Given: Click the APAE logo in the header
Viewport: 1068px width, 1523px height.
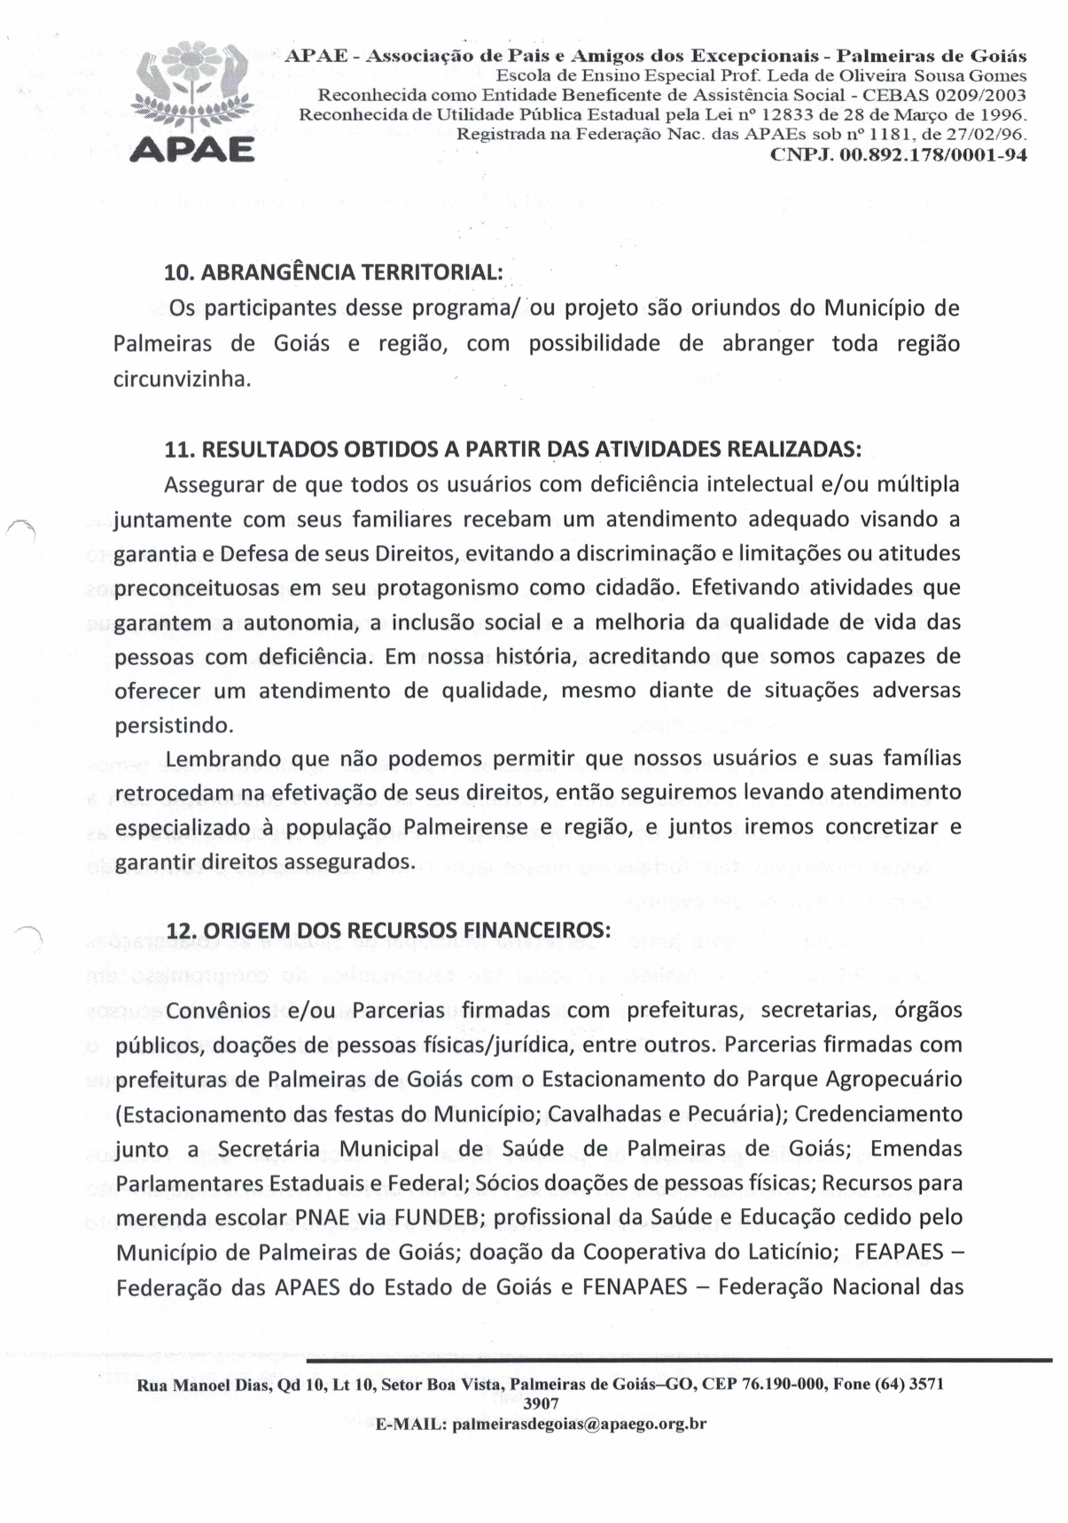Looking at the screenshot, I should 192,99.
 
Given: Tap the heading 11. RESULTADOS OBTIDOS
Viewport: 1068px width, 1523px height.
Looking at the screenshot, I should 513,449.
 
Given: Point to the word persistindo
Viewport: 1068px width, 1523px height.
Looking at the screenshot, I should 175,725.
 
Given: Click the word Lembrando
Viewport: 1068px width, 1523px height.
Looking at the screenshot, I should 222,760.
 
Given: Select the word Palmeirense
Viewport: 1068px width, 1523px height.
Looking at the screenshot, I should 465,828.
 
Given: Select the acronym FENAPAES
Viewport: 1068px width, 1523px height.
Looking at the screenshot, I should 635,1286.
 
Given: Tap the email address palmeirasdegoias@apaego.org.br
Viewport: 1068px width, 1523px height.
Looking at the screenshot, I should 579,1425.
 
